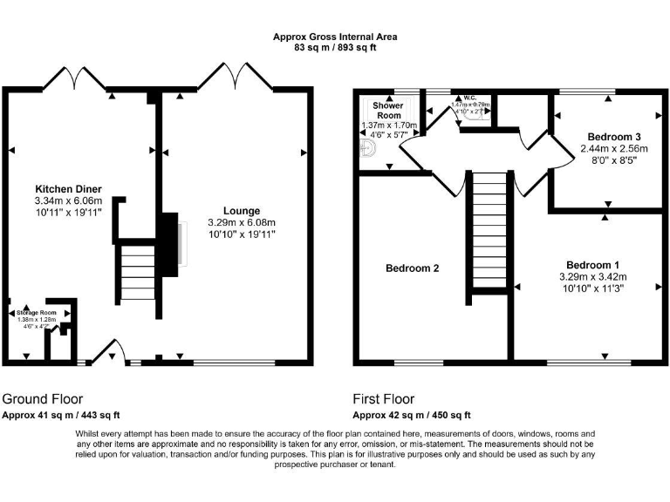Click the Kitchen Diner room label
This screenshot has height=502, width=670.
click(68, 189)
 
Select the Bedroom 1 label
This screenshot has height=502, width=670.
click(594, 265)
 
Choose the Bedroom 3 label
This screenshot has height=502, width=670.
click(615, 137)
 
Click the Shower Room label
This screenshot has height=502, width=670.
click(388, 111)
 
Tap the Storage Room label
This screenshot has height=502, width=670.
click(36, 312)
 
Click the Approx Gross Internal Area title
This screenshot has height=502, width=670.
click(335, 37)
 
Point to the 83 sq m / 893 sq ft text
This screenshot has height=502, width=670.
click(335, 48)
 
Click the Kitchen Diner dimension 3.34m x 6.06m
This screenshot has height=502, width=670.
click(68, 200)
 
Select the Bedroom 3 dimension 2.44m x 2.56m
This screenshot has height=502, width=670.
click(615, 149)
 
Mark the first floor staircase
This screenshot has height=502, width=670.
click(489, 231)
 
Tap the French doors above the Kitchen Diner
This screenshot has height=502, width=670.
click(77, 79)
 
